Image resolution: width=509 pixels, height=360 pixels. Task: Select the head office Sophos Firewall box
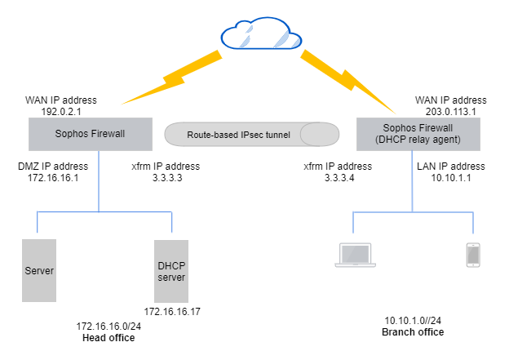(x=90, y=134)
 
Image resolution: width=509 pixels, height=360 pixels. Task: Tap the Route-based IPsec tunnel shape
(x=251, y=134)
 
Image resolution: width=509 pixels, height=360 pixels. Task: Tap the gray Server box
(x=39, y=270)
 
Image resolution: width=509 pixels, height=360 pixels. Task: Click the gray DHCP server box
(x=171, y=270)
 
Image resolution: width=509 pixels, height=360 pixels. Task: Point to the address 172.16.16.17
(x=171, y=312)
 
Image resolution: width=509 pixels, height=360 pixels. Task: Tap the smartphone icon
(x=472, y=255)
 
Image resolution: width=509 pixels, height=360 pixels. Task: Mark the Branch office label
(x=413, y=332)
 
